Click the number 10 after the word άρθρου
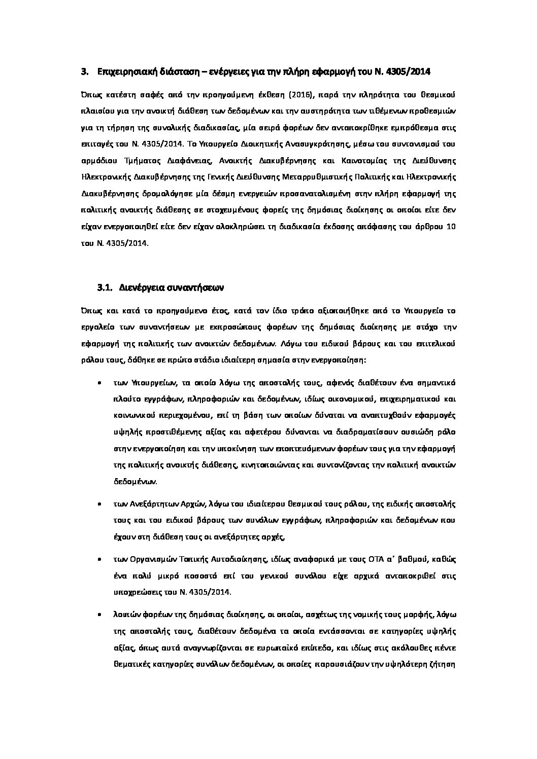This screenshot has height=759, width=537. point(450,226)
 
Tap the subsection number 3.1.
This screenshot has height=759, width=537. point(104,287)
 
